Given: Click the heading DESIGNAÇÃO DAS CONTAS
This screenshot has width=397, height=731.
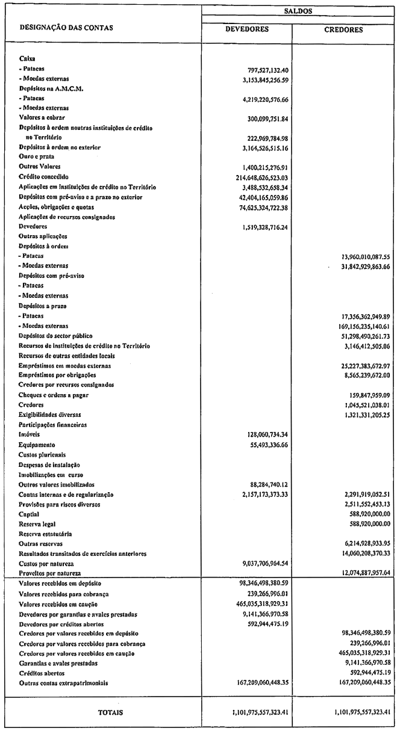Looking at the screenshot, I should [65, 28].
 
